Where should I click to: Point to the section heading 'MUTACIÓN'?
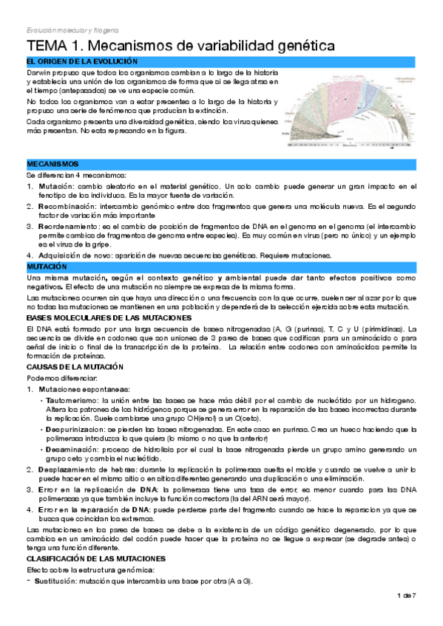point(47,265)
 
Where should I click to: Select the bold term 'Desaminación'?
point(70,449)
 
